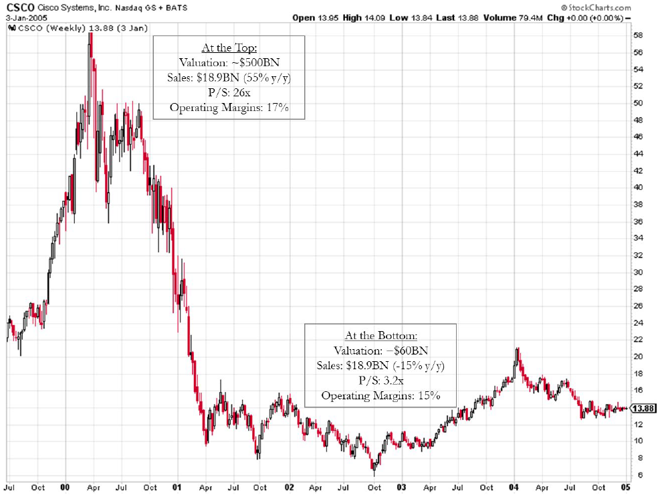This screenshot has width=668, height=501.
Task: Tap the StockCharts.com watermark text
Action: point(598,6)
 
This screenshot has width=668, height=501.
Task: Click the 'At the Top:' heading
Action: point(229,48)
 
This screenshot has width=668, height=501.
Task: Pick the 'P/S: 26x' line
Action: point(229,92)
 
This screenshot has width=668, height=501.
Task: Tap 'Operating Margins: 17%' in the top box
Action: point(229,107)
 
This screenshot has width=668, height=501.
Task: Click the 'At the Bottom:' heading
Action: point(380,336)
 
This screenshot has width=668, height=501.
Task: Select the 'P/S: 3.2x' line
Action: point(380,380)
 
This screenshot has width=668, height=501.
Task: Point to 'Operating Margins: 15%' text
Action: point(380,395)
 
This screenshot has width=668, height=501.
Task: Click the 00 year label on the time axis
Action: point(65,488)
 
